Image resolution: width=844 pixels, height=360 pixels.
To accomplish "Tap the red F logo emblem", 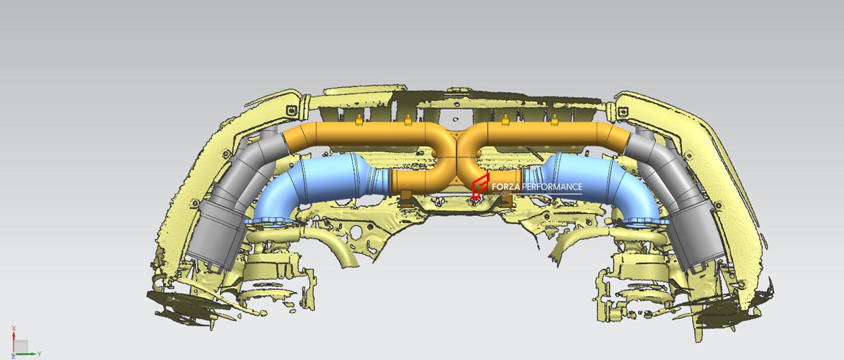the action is coord(480,186).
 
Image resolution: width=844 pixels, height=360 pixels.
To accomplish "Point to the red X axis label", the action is coord(13,328).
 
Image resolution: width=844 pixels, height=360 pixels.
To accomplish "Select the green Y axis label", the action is coord(39,354).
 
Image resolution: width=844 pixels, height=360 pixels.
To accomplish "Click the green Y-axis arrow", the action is coord(25,354).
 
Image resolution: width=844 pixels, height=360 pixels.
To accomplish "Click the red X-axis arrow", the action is coord(13,342).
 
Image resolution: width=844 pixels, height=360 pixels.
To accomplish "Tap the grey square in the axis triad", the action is coord(21,347).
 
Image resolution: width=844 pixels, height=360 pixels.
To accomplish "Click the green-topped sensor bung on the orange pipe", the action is coord(554,120).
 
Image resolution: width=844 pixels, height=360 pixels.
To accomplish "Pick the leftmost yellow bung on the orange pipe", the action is coord(359,120).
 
